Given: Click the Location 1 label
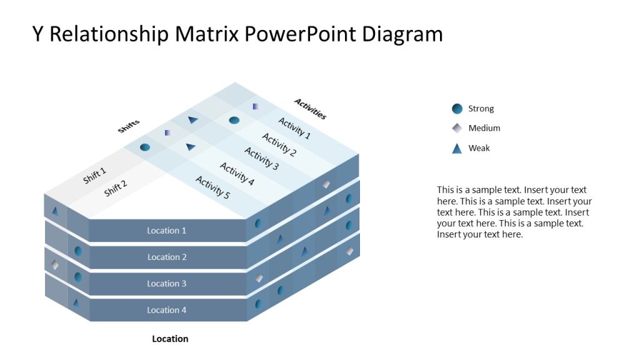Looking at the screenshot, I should pyautogui.click(x=166, y=231).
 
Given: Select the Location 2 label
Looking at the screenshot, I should pyautogui.click(x=167, y=257).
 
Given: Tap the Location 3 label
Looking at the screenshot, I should pyautogui.click(x=167, y=284).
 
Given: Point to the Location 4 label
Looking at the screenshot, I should pyautogui.click(x=167, y=310).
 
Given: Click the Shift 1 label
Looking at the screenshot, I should pyautogui.click(x=94, y=176).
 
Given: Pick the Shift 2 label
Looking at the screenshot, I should pyautogui.click(x=116, y=188).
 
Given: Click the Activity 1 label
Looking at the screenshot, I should pyautogui.click(x=294, y=128).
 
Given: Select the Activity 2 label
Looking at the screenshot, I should pyautogui.click(x=279, y=144).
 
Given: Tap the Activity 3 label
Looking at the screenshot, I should pyautogui.click(x=261, y=158).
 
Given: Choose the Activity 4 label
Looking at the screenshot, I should pyautogui.click(x=237, y=174).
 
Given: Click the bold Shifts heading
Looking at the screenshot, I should pyautogui.click(x=129, y=126).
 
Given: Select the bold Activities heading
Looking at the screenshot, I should pyautogui.click(x=310, y=109).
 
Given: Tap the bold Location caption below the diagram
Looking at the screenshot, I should pyautogui.click(x=170, y=339).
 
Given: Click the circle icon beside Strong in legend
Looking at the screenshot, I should pyautogui.click(x=457, y=109).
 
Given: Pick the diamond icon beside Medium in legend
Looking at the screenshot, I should pyautogui.click(x=457, y=128).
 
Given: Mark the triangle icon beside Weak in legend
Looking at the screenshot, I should pyautogui.click(x=457, y=149).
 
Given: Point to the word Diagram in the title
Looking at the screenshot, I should pyautogui.click(x=404, y=34).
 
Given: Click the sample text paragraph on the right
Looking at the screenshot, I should pyautogui.click(x=514, y=212).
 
